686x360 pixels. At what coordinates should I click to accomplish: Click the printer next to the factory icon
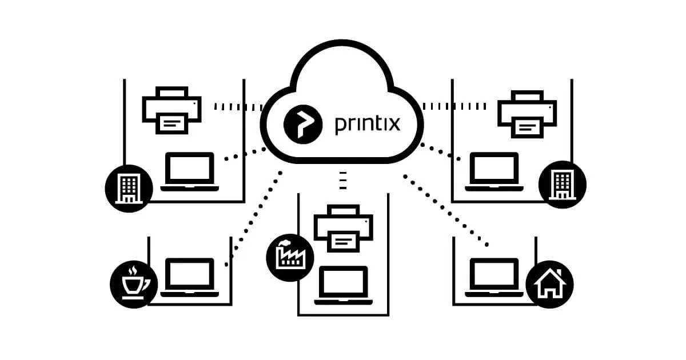pos(343,227)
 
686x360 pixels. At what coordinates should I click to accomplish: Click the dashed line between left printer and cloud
pos(238,106)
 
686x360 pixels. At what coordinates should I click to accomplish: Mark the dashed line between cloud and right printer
pos(454,106)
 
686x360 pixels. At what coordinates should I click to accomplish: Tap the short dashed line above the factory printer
pos(343,179)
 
